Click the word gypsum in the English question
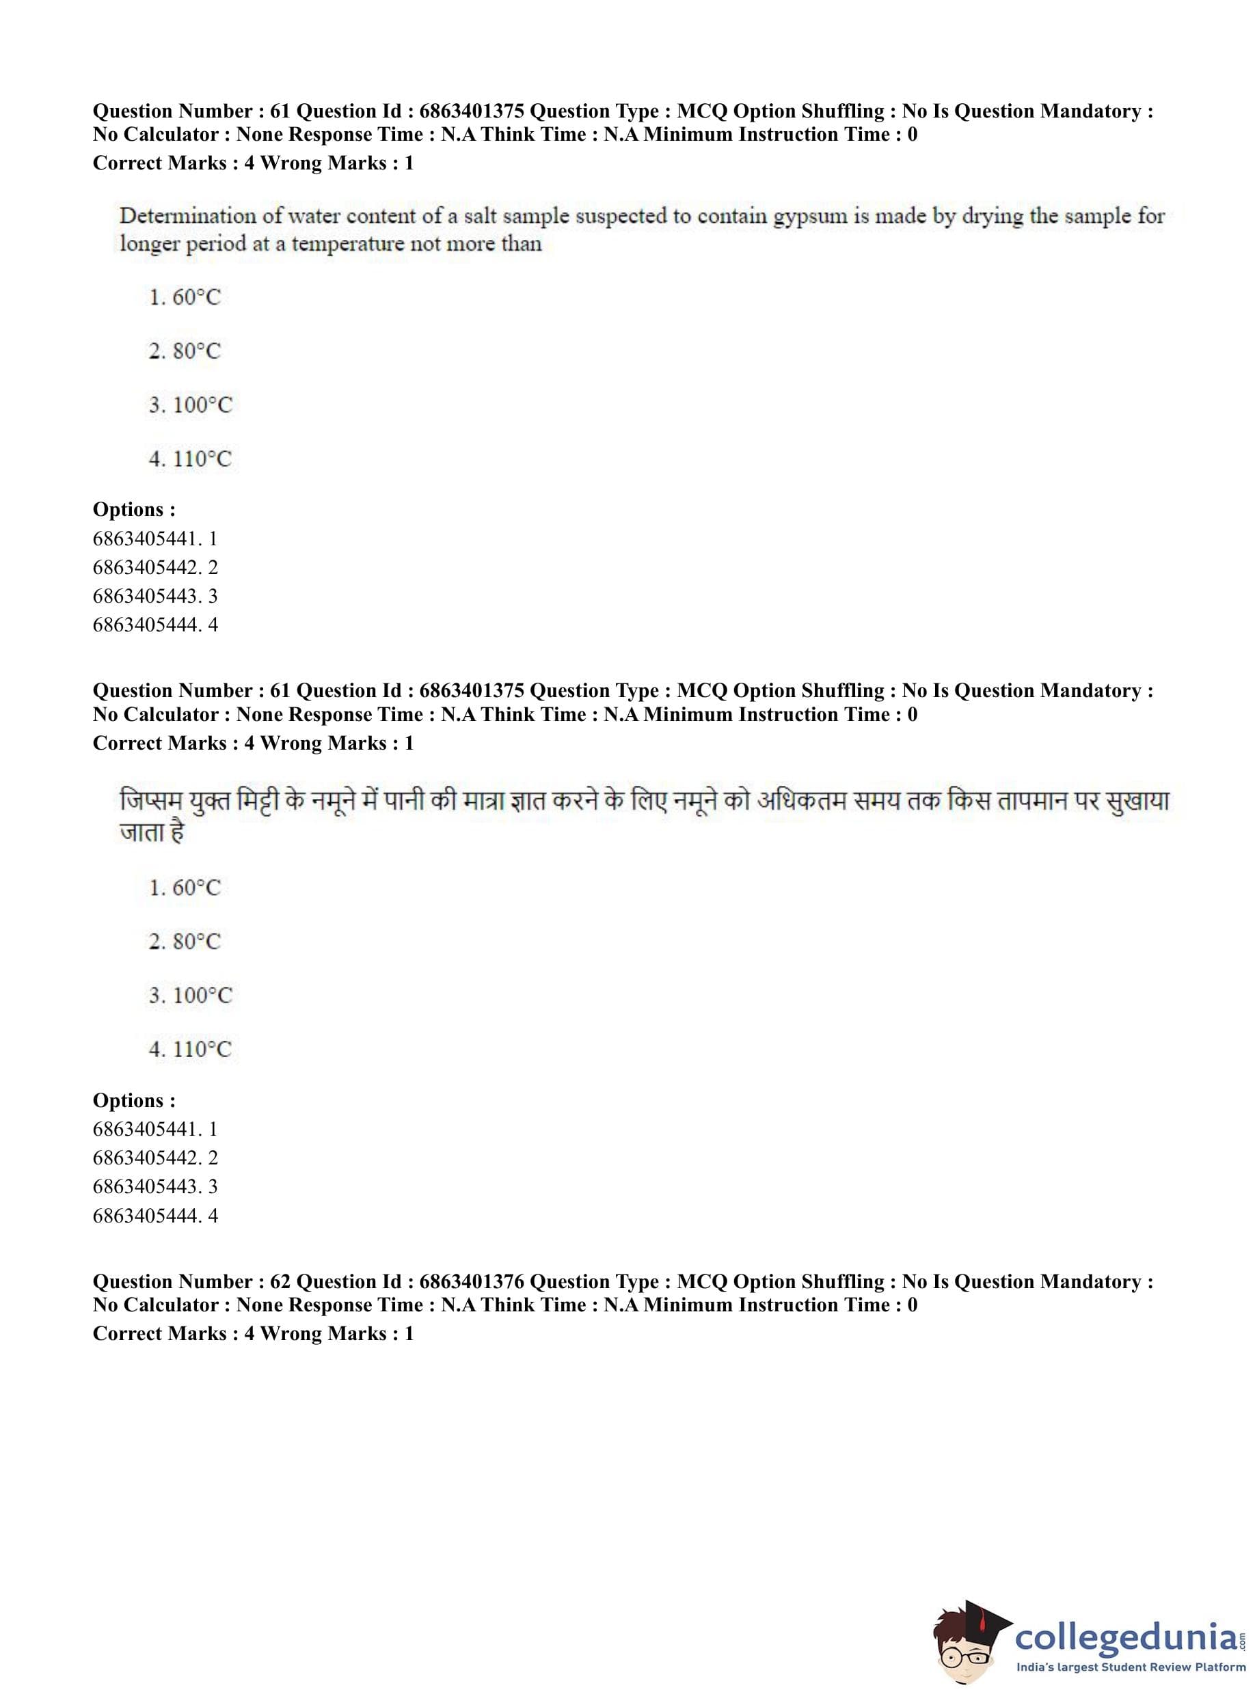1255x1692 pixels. [810, 217]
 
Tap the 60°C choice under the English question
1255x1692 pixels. [185, 297]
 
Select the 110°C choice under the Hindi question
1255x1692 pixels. [190, 1049]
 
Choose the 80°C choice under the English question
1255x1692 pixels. [185, 351]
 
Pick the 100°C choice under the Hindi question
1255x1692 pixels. [190, 995]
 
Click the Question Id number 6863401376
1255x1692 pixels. [471, 1281]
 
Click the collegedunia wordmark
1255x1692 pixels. [1127, 1635]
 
